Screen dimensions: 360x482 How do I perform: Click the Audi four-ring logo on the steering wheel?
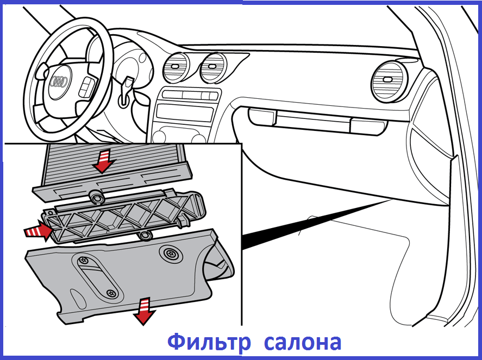[x=58, y=82]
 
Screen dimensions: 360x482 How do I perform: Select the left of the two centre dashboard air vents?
[x=177, y=68]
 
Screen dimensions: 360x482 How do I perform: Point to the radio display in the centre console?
[x=184, y=113]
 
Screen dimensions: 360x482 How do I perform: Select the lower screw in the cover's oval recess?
[x=111, y=293]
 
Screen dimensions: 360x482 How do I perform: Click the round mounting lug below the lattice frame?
[x=145, y=236]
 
